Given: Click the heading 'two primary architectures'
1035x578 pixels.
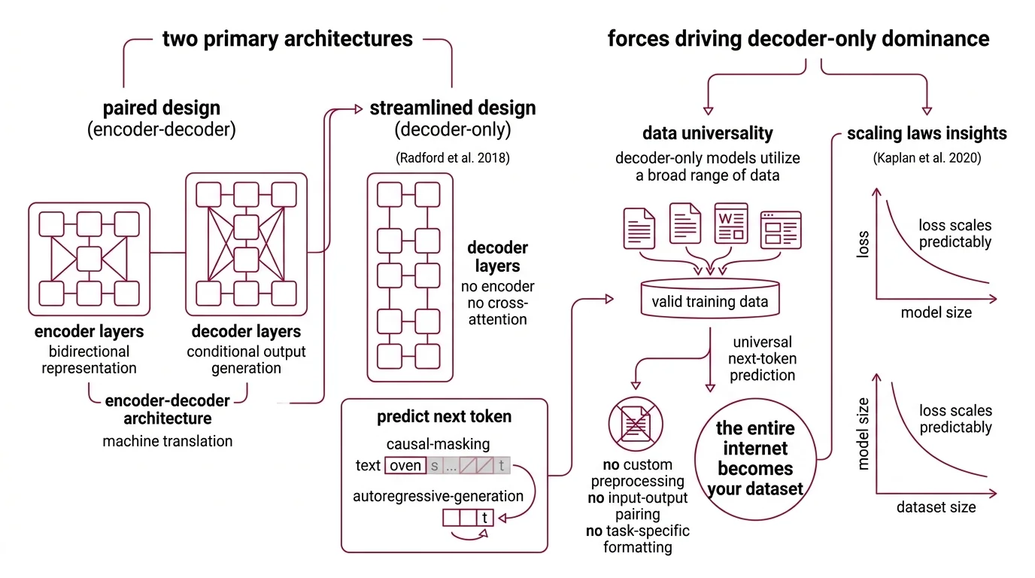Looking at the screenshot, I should pyautogui.click(x=287, y=38).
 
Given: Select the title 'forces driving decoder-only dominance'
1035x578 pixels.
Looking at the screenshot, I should pyautogui.click(x=798, y=38).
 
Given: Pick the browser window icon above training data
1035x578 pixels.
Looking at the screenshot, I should pyautogui.click(x=780, y=230).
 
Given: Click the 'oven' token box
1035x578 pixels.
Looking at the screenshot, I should pyautogui.click(x=405, y=465).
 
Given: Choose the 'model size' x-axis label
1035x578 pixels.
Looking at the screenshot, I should pyautogui.click(x=936, y=312).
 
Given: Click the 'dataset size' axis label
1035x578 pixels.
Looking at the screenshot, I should pyautogui.click(x=936, y=507).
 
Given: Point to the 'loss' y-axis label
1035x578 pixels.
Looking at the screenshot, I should pyautogui.click(x=863, y=245).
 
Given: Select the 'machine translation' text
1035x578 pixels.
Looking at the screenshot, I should pyautogui.click(x=168, y=441).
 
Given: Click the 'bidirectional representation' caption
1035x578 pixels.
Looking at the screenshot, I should pyautogui.click(x=90, y=360).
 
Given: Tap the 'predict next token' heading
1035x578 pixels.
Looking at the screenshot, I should pyautogui.click(x=444, y=416).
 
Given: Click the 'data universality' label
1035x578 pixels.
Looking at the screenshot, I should pyautogui.click(x=707, y=133).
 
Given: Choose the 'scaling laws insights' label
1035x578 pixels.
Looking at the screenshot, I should pyautogui.click(x=927, y=133).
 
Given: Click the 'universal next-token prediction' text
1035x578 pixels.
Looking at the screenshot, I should pyautogui.click(x=762, y=359).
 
